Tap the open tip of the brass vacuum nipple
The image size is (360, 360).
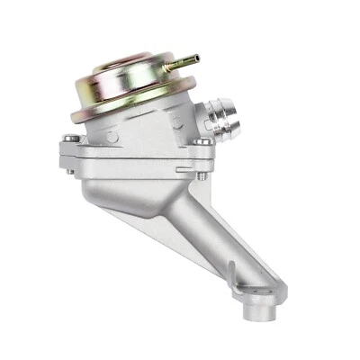(195, 58)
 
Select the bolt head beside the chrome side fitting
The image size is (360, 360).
(204, 141)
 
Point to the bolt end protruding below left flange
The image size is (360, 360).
(71, 167)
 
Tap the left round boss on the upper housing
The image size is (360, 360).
(112, 136)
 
